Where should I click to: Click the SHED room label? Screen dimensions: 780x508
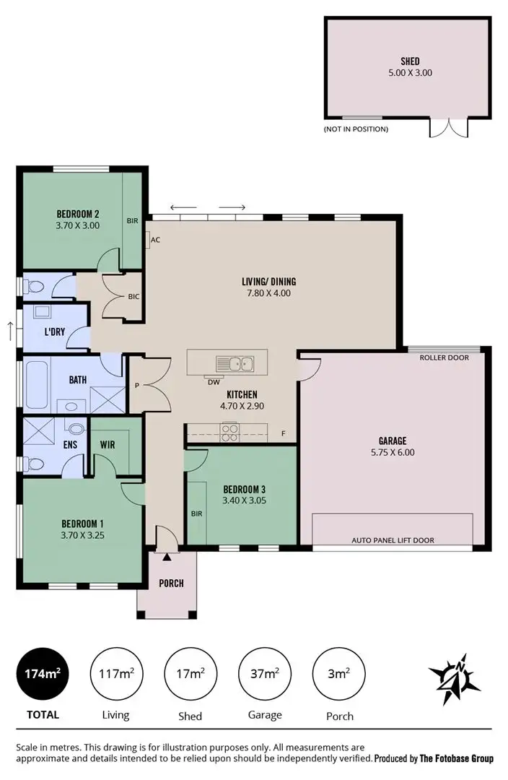coord(410,61)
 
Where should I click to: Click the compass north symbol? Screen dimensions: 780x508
coord(454,678)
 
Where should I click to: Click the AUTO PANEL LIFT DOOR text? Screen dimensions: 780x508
coord(393,540)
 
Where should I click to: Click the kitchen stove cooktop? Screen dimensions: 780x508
coord(229,433)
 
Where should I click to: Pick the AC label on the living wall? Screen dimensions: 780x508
coord(155,240)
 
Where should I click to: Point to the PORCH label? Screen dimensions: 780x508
coord(171,584)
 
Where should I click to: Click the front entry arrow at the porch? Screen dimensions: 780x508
coord(167,557)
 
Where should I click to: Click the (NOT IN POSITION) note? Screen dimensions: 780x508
coord(356,129)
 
